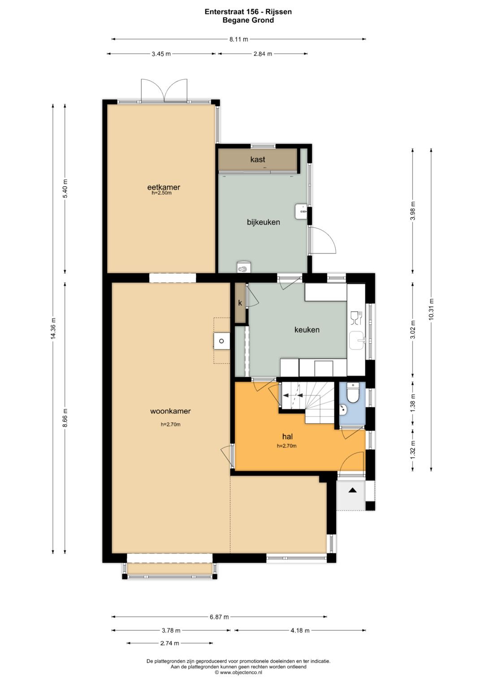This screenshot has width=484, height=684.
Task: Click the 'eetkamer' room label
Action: pyautogui.click(x=164, y=187)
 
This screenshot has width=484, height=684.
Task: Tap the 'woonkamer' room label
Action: pyautogui.click(x=170, y=411)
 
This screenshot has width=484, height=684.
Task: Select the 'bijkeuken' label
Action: pyautogui.click(x=264, y=222)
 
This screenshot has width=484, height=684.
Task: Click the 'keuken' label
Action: pyautogui.click(x=307, y=330)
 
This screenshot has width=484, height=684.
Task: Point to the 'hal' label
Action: pyautogui.click(x=288, y=436)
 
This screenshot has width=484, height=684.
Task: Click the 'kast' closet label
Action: pyautogui.click(x=258, y=159)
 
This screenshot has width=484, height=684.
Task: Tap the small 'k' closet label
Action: pyautogui.click(x=240, y=303)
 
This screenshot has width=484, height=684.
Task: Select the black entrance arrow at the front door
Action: pyautogui.click(x=353, y=490)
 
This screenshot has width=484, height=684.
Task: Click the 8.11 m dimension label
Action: pyautogui.click(x=238, y=39)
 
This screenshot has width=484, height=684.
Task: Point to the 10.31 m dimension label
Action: pyautogui.click(x=431, y=309)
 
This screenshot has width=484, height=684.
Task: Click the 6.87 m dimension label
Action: pyautogui.click(x=219, y=617)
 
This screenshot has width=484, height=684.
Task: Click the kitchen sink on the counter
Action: pyautogui.click(x=357, y=340)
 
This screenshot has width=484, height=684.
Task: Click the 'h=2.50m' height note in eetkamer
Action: pyautogui.click(x=162, y=193)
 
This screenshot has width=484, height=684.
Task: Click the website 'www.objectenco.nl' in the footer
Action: pyautogui.click(x=240, y=672)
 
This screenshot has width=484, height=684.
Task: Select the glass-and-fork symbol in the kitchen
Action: pyautogui.click(x=357, y=318)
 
